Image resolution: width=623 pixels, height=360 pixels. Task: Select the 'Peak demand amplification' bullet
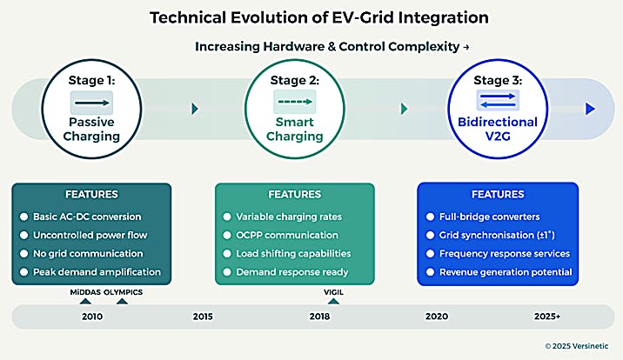tap(92, 272)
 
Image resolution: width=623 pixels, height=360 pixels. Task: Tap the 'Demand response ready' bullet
tap(291, 272)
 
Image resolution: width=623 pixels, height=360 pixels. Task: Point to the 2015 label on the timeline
tap(203, 317)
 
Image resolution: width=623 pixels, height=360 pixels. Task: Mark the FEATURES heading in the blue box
tap(498, 195)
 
